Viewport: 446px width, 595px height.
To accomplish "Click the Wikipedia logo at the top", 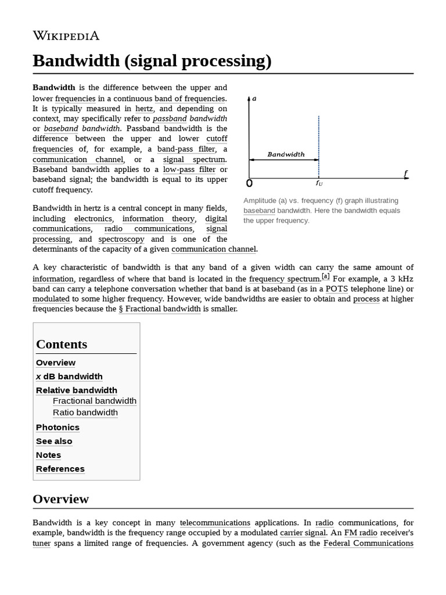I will pos(66,36).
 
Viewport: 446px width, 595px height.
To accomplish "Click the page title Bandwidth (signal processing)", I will pos(152,60).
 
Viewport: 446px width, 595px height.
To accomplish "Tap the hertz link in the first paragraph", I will pos(144,108).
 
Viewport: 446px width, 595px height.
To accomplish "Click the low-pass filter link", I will pos(189,169).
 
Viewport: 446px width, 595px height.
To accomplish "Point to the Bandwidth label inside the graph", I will pos(285,155).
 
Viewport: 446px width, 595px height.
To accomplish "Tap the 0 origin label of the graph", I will pos(250,184).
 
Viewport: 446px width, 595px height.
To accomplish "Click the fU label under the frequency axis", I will pos(319,183).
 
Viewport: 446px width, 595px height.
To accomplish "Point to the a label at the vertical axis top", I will pos(254,98).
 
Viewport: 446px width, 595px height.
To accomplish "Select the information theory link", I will pos(159,218).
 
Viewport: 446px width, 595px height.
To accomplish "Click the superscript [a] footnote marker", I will pos(325,277).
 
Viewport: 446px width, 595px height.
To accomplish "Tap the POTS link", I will pos(337,288).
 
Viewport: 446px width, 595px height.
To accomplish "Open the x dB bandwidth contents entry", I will pos(69,377).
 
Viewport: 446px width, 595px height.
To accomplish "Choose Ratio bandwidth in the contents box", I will pos(85,413).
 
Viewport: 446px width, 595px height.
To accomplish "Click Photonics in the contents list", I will pos(57,427).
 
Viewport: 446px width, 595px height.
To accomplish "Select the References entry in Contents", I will pos(60,469).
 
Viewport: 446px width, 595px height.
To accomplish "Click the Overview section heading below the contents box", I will pos(60,499).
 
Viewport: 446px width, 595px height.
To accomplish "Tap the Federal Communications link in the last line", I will pos(368,543).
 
